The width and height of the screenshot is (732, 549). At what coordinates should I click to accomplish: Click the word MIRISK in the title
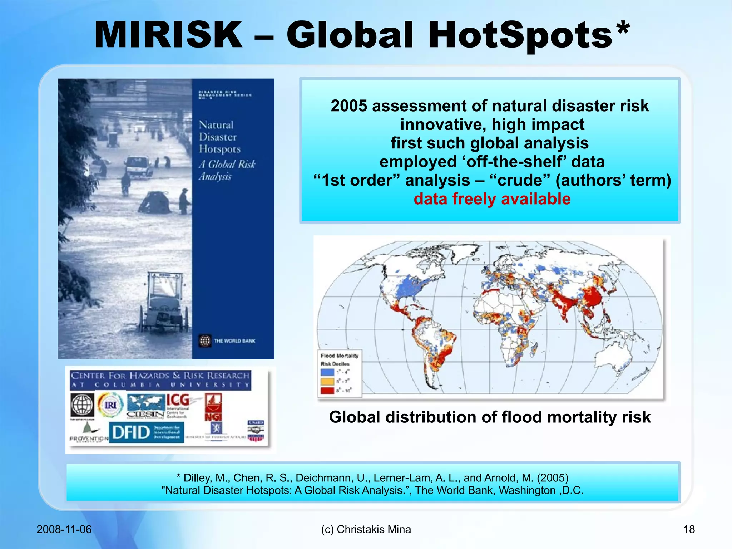[x=168, y=35]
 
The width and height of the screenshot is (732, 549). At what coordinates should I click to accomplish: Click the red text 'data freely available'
[x=492, y=199]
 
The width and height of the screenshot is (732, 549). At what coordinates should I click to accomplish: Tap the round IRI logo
[x=110, y=405]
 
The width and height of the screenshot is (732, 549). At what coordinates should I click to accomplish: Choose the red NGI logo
[x=213, y=407]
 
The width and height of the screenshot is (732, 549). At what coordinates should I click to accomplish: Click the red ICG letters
[x=178, y=400]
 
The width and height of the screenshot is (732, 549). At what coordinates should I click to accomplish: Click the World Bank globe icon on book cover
[x=205, y=341]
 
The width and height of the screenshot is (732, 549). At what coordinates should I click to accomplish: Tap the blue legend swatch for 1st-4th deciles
[x=327, y=372]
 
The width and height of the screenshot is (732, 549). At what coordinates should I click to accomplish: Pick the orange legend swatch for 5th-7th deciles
[x=327, y=381]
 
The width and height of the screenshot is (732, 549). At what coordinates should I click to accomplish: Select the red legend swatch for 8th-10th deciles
[x=327, y=390]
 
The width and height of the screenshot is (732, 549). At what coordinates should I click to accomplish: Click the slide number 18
[x=689, y=529]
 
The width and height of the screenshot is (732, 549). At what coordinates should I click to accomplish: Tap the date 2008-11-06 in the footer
[x=64, y=529]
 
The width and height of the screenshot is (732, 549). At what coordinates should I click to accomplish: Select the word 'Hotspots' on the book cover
[x=219, y=149]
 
